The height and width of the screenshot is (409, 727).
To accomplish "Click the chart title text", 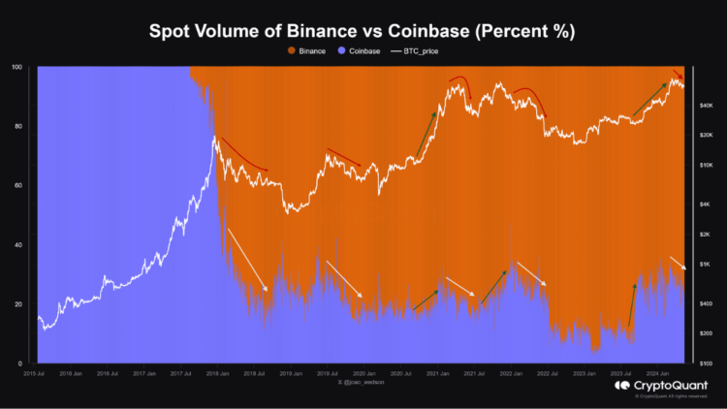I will point(363,30).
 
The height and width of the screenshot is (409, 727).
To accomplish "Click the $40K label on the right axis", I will point(707,105).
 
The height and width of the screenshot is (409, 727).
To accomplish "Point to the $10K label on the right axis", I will point(707,165).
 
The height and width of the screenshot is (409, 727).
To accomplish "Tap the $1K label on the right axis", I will point(707,264).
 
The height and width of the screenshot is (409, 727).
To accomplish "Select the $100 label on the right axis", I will point(707,363).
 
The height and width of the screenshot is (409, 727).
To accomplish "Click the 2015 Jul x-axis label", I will point(38,373).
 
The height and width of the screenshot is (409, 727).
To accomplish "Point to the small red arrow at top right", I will point(679,75).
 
